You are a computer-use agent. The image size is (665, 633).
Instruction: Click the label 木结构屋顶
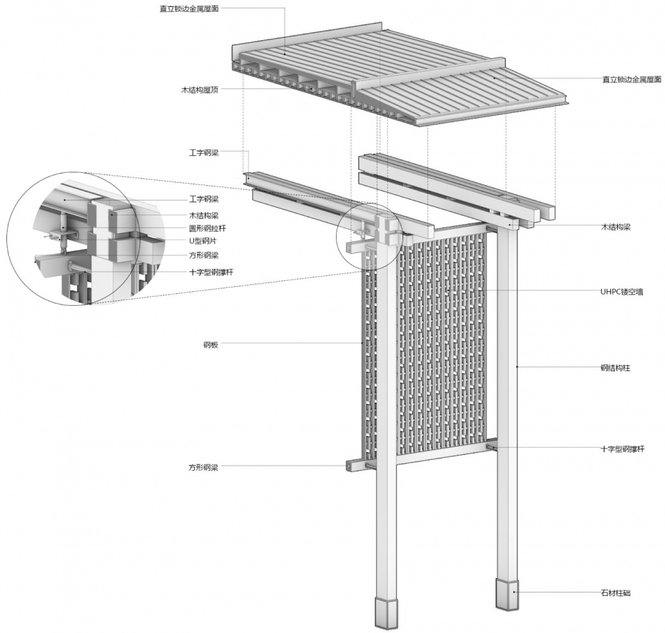coord(199,89)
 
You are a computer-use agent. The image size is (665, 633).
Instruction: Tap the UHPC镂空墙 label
coord(621,292)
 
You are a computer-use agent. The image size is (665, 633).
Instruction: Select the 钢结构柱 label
coord(615,367)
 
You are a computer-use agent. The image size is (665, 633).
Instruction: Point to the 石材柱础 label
coord(615,593)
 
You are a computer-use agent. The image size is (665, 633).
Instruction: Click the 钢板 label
coord(211,345)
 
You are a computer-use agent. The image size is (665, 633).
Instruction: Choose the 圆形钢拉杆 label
coord(207,228)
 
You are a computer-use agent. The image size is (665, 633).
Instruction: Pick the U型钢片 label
coord(203,241)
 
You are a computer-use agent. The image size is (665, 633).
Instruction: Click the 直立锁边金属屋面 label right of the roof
coord(632,80)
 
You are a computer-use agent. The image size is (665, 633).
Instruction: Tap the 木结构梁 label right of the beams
coord(615,227)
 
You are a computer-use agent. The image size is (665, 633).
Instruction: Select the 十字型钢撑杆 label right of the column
coord(623,449)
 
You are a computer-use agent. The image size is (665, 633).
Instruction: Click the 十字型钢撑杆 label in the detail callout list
coord(211,272)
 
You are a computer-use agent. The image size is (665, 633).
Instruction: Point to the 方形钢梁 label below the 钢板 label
coord(203,467)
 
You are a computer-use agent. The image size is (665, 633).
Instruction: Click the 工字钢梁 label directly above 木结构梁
coord(204,199)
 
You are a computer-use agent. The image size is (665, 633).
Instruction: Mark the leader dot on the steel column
coord(517,366)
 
